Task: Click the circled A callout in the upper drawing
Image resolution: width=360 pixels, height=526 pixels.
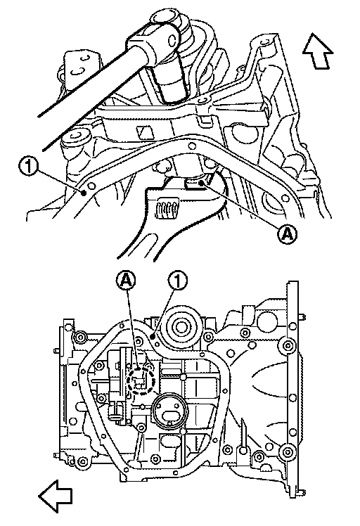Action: pyautogui.click(x=288, y=234)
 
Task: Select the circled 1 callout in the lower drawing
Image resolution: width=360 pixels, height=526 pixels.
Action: pyautogui.click(x=178, y=280)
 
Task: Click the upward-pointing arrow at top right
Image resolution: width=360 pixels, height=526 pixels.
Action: pyautogui.click(x=318, y=51)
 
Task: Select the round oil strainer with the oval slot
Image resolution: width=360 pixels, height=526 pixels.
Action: pyautogui.click(x=169, y=412)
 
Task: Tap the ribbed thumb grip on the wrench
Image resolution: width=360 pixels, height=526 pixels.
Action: pyautogui.click(x=167, y=208)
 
